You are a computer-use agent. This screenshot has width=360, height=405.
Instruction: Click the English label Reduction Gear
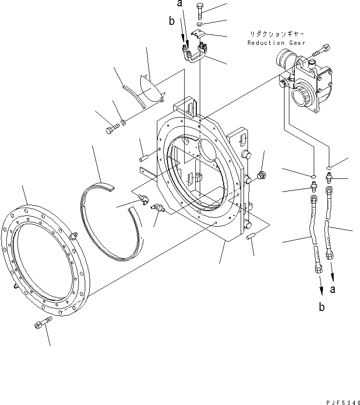click(276, 42)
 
